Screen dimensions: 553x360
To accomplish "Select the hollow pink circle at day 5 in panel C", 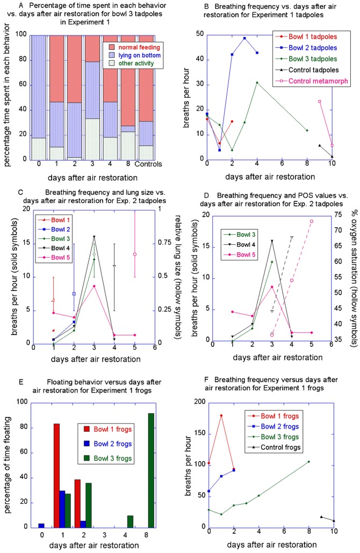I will tap(135, 254).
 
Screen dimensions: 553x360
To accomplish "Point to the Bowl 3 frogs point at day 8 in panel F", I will tap(309, 461).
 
